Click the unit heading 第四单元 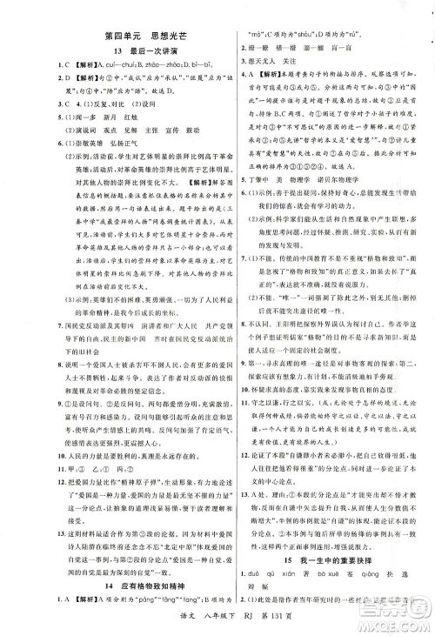[x=120, y=37]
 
